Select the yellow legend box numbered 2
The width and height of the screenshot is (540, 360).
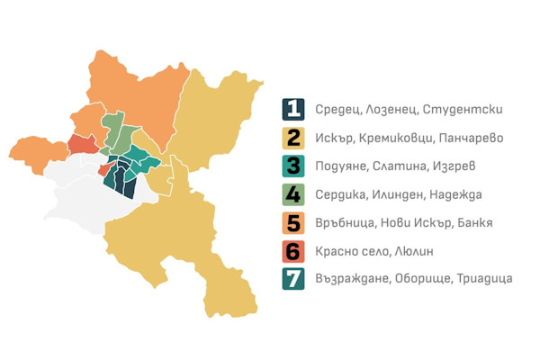tap(293, 139)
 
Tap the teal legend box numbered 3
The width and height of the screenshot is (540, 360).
tap(293, 166)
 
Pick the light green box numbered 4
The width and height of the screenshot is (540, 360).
tap(293, 194)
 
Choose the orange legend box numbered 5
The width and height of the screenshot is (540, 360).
tap(293, 222)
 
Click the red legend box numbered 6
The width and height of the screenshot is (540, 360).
tap(293, 250)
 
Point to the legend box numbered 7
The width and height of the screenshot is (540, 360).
tap(293, 278)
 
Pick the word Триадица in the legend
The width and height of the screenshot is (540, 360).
tap(483, 278)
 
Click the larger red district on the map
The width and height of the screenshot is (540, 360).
tap(82, 145)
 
